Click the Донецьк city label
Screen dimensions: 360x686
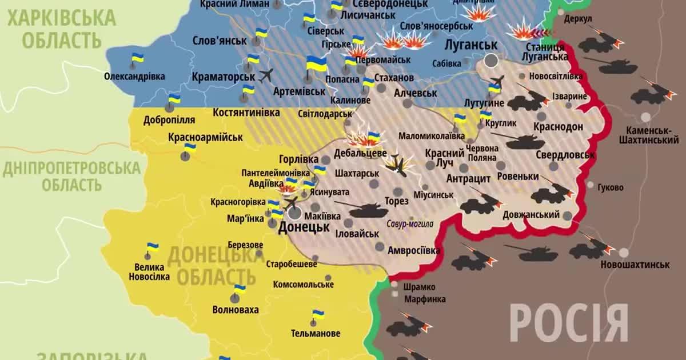tap(304, 227)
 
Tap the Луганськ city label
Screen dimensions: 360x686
tap(470, 45)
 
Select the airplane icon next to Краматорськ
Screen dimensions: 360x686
tap(266, 75)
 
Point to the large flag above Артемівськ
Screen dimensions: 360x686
tap(316, 64)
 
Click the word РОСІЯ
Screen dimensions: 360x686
tap(569, 323)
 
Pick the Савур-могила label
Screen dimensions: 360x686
tap(409, 225)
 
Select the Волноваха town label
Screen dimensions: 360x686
tap(235, 310)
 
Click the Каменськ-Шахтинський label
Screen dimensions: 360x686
tap(648, 135)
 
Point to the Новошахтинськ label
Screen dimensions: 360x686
tap(635, 265)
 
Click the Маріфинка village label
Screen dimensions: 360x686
tap(425, 299)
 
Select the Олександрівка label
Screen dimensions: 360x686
tap(134, 76)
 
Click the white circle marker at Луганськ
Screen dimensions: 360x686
tap(490, 60)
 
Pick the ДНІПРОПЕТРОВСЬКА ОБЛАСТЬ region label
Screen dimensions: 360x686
tap(71, 176)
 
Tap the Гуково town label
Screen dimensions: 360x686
tap(610, 187)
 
